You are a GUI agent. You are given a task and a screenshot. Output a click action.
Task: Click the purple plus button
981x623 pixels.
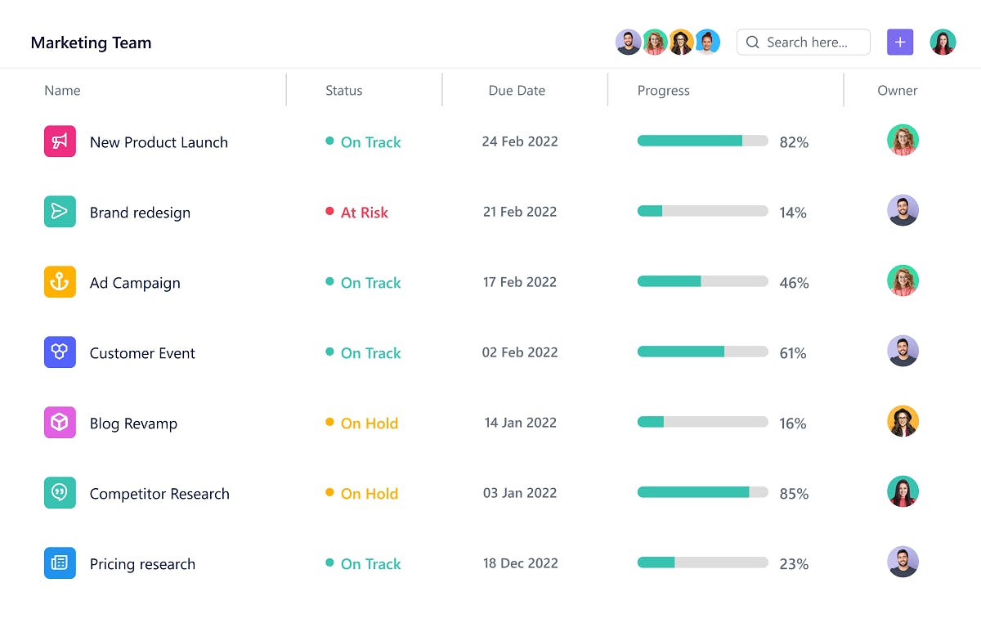(x=899, y=43)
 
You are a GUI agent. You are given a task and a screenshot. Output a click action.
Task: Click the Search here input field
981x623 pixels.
(x=805, y=43)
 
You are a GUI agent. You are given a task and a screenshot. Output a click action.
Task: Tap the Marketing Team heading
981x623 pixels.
(x=91, y=43)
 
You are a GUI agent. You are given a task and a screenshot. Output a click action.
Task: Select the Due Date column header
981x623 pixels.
(x=517, y=91)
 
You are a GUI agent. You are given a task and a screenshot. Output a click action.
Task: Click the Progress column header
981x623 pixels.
(x=663, y=91)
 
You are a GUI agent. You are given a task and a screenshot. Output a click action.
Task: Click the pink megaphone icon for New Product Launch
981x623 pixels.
(x=60, y=141)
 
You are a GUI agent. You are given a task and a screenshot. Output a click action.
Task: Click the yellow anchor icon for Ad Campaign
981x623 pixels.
(x=60, y=282)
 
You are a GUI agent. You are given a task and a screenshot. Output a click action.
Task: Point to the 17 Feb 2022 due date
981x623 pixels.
(x=519, y=282)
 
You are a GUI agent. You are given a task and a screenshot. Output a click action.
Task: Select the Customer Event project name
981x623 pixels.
(x=142, y=353)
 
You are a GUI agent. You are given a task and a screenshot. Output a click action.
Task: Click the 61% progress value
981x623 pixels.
(x=793, y=353)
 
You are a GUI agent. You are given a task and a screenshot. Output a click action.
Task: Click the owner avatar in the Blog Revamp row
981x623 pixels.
(x=903, y=422)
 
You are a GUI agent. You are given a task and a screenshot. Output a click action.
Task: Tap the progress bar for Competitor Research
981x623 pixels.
(x=702, y=492)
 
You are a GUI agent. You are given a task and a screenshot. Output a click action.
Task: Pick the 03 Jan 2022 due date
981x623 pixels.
(x=519, y=493)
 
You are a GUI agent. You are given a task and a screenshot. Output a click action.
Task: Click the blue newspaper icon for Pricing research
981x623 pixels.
(x=60, y=563)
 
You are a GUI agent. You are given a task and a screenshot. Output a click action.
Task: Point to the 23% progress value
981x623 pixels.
(x=793, y=564)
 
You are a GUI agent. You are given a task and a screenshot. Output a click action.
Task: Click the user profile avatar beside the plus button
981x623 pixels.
(x=943, y=43)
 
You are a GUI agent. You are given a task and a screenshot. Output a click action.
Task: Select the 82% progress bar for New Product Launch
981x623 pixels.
(x=702, y=141)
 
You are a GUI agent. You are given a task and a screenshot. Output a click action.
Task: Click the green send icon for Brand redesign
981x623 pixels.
(x=60, y=212)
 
